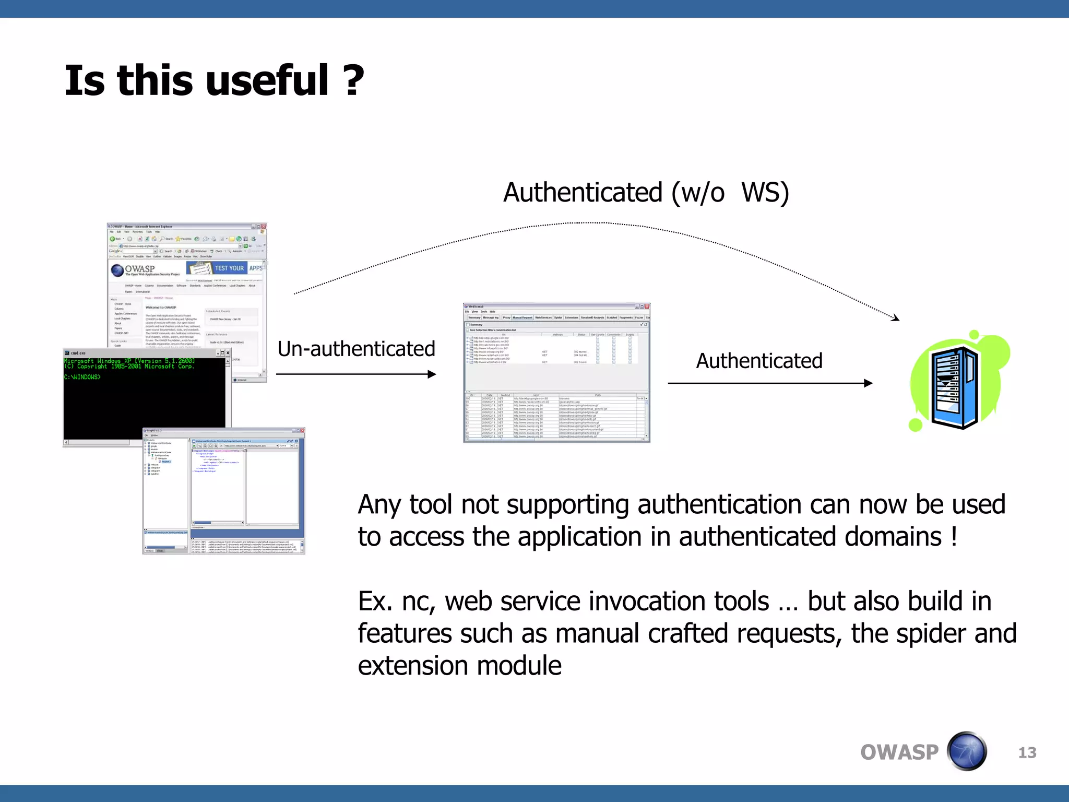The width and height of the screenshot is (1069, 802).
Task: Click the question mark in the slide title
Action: (354, 81)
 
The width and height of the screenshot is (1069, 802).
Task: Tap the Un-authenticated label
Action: (356, 349)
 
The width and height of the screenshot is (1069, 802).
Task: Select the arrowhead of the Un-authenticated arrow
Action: (432, 374)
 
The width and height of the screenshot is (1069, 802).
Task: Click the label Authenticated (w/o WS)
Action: (646, 193)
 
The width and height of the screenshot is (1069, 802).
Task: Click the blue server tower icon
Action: (955, 387)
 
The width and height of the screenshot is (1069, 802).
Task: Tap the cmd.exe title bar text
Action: (78, 353)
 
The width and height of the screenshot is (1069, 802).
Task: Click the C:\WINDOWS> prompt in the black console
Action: (82, 377)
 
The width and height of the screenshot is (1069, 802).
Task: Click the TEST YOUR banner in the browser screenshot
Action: (229, 268)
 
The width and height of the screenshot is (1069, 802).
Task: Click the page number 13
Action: (1027, 752)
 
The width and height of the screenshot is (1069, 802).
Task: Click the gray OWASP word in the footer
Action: (899, 752)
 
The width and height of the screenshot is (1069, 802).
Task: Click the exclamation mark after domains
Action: (954, 537)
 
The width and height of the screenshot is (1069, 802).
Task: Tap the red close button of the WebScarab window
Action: (647, 306)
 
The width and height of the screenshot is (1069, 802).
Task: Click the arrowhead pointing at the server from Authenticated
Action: (868, 383)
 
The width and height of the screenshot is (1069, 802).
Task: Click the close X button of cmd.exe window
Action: (228, 353)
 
